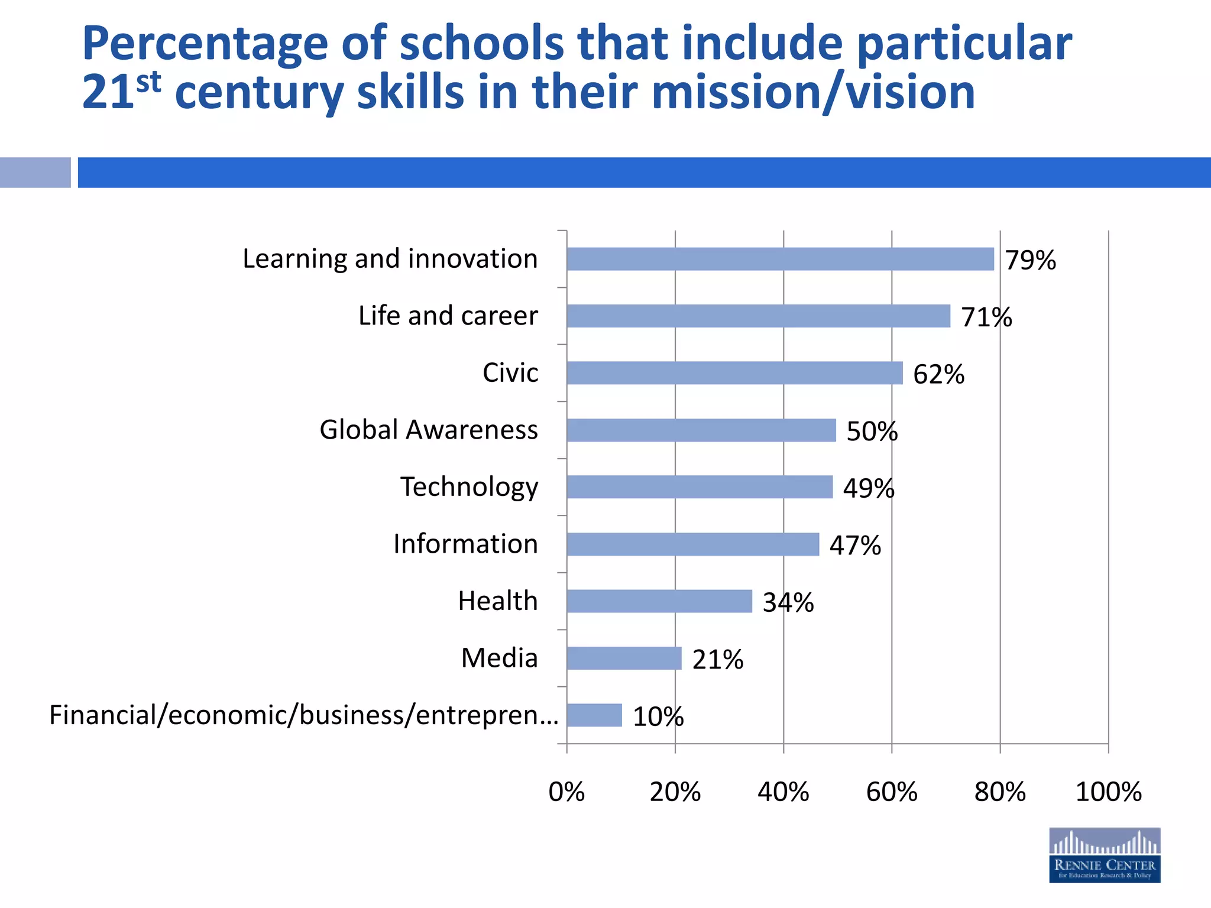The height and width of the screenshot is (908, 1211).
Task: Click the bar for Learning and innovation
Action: point(780,259)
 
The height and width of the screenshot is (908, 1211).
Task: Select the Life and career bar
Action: point(758,316)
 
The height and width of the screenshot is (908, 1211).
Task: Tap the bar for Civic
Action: point(734,373)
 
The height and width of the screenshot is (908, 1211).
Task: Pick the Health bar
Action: point(659,601)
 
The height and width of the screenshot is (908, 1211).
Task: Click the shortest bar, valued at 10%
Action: point(594,715)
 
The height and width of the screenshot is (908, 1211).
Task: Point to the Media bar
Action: point(624,658)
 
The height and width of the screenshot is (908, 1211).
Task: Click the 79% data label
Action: point(1030,260)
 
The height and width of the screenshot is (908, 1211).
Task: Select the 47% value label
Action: point(854,545)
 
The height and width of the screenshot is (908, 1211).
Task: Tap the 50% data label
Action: point(872,431)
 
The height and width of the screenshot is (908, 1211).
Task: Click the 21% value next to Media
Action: point(717,659)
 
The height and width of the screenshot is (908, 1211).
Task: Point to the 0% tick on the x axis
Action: point(566,792)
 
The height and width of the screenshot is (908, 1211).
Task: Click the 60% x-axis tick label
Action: point(891,792)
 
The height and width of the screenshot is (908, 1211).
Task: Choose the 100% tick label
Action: point(1108,792)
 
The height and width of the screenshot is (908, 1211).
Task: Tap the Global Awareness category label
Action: point(429,430)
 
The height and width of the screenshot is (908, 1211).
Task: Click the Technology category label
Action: point(469,487)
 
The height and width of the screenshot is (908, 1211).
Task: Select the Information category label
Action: point(465,544)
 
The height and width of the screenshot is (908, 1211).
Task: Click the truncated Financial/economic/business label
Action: point(303,715)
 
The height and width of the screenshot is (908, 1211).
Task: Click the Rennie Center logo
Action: point(1104,855)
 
